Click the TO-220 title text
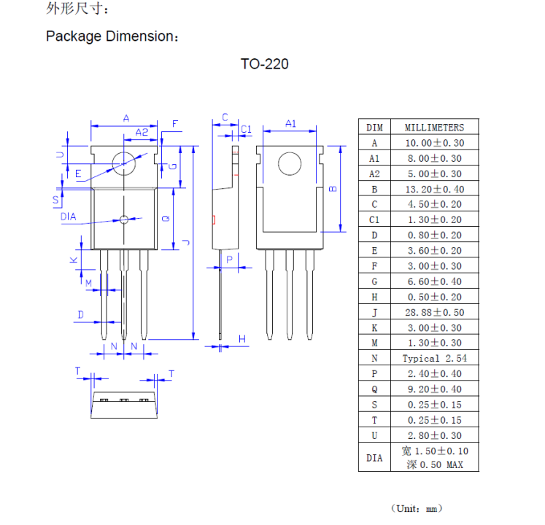click(x=264, y=64)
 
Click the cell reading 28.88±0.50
click(x=434, y=312)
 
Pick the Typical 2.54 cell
click(x=434, y=358)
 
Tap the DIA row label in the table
click(x=374, y=459)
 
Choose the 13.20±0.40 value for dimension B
click(x=434, y=189)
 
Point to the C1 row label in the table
click(x=374, y=219)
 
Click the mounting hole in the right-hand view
click(x=290, y=163)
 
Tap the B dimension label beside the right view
click(x=333, y=188)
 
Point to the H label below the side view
click(x=242, y=338)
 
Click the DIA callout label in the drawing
click(x=68, y=217)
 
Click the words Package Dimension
click(x=112, y=36)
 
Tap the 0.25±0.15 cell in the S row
click(x=434, y=405)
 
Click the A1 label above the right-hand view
click(x=290, y=123)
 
